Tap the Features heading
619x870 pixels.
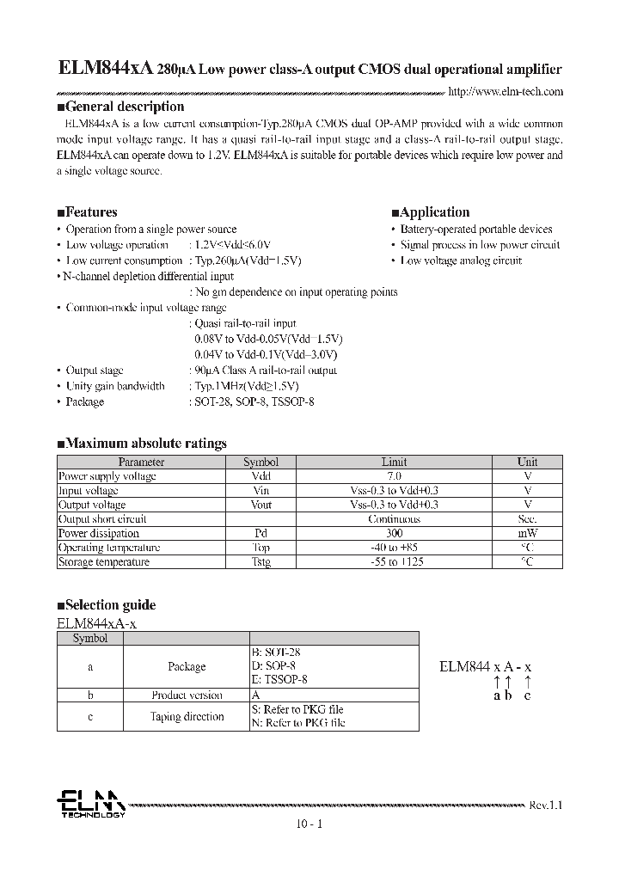point(87,212)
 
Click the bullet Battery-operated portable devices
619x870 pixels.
point(475,230)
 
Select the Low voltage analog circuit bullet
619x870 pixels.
point(461,260)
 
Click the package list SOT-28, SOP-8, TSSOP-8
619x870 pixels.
point(251,401)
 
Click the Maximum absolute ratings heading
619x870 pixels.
point(142,444)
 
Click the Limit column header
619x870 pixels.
point(394,462)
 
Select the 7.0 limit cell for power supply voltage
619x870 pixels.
point(394,475)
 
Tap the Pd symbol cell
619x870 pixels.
point(260,533)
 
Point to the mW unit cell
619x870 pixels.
point(527,533)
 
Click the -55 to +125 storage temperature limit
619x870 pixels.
point(394,562)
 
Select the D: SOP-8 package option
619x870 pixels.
point(274,666)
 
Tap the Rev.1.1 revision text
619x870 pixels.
point(545,806)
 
